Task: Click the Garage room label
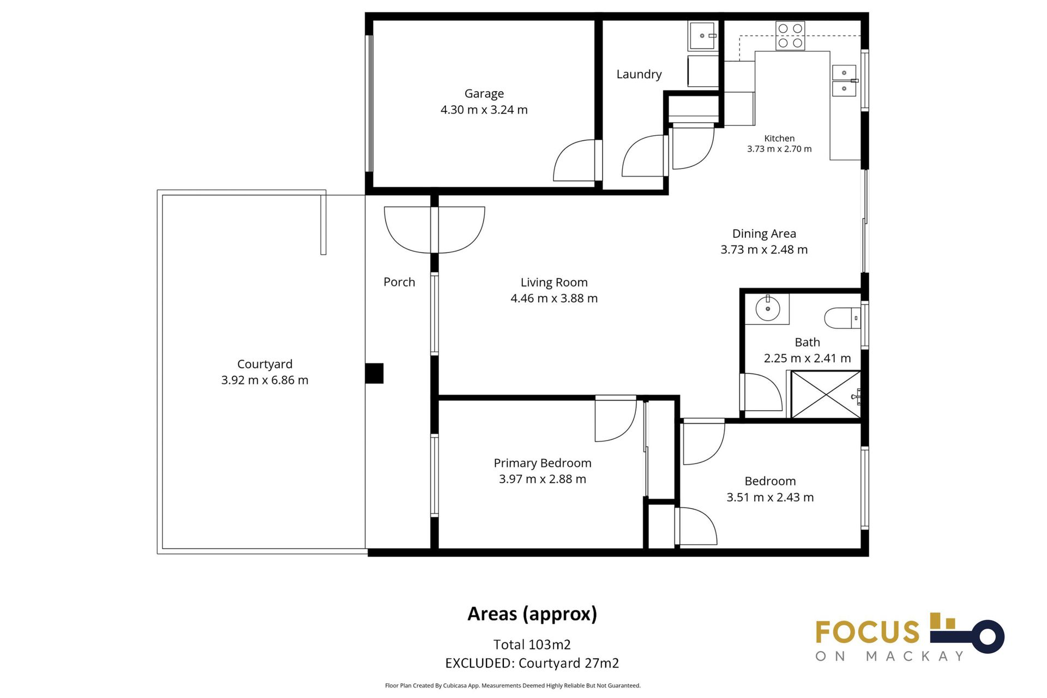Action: point(484,94)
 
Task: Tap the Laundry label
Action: point(639,74)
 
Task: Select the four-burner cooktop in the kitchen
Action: point(790,35)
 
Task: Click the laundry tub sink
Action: point(703,36)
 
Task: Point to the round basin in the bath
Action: point(767,309)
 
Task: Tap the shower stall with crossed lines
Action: point(826,394)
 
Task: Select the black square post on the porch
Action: point(374,374)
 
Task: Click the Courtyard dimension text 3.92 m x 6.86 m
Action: point(264,380)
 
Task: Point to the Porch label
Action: point(399,282)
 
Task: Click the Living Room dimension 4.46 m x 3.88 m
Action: point(554,298)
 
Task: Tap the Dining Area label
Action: point(764,233)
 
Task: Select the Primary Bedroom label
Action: point(543,463)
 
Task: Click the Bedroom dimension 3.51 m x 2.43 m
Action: point(770,497)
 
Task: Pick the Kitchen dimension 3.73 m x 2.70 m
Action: point(779,149)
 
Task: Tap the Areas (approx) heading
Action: point(532,614)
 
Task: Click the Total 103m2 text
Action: point(532,645)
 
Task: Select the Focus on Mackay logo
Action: point(910,637)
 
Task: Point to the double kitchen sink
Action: point(844,80)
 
